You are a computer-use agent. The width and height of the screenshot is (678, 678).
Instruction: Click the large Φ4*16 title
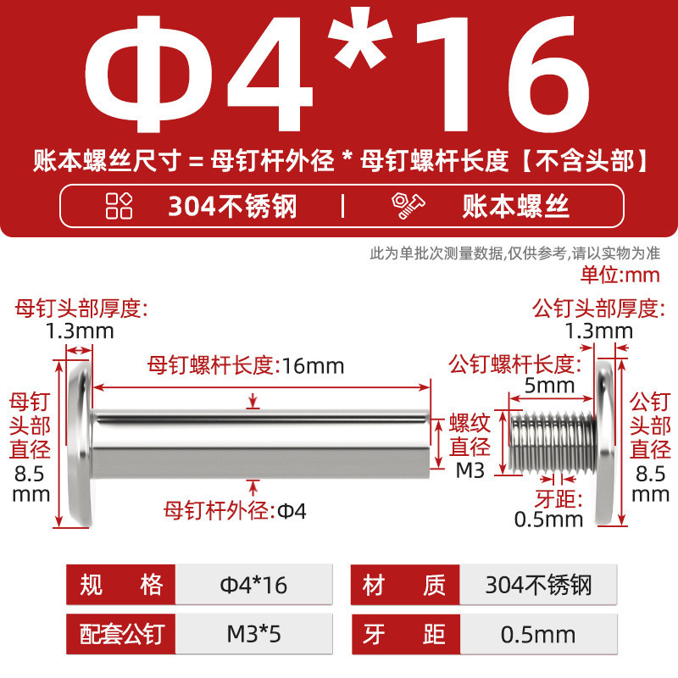(x=337, y=74)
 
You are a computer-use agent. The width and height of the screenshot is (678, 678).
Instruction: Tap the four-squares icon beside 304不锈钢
(x=119, y=206)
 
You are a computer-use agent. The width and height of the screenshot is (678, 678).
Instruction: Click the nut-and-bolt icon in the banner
(x=408, y=206)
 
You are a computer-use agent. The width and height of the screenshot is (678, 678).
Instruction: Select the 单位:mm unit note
(x=620, y=275)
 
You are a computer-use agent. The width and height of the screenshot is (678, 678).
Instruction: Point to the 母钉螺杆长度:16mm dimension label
(x=246, y=366)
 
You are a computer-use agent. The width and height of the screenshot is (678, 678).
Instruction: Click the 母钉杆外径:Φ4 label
(x=235, y=511)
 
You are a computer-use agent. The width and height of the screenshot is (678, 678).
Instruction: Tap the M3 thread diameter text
(x=470, y=470)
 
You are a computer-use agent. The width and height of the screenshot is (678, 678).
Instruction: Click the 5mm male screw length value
(x=549, y=386)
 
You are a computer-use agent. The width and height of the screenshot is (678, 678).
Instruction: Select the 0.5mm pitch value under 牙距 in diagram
(x=548, y=520)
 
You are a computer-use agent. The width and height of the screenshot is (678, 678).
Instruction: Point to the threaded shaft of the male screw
(x=553, y=442)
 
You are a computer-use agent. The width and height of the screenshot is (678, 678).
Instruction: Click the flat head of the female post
(x=81, y=443)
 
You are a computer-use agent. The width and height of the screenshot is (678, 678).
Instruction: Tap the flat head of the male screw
(x=604, y=443)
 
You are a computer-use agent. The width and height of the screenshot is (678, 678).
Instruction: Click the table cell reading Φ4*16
(x=253, y=585)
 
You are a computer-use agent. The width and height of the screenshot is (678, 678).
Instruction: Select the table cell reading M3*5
(x=253, y=634)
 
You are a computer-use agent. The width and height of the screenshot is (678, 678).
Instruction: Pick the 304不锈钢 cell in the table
(x=538, y=585)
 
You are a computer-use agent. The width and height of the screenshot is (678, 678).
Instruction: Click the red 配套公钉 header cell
(x=120, y=634)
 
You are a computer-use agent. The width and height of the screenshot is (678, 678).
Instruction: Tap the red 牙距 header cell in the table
(x=405, y=634)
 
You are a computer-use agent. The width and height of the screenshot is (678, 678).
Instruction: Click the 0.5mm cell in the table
(x=538, y=634)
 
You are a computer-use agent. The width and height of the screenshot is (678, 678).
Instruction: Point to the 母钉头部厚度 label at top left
(x=81, y=308)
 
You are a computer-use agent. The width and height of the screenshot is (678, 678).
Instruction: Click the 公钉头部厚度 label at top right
(x=598, y=308)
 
